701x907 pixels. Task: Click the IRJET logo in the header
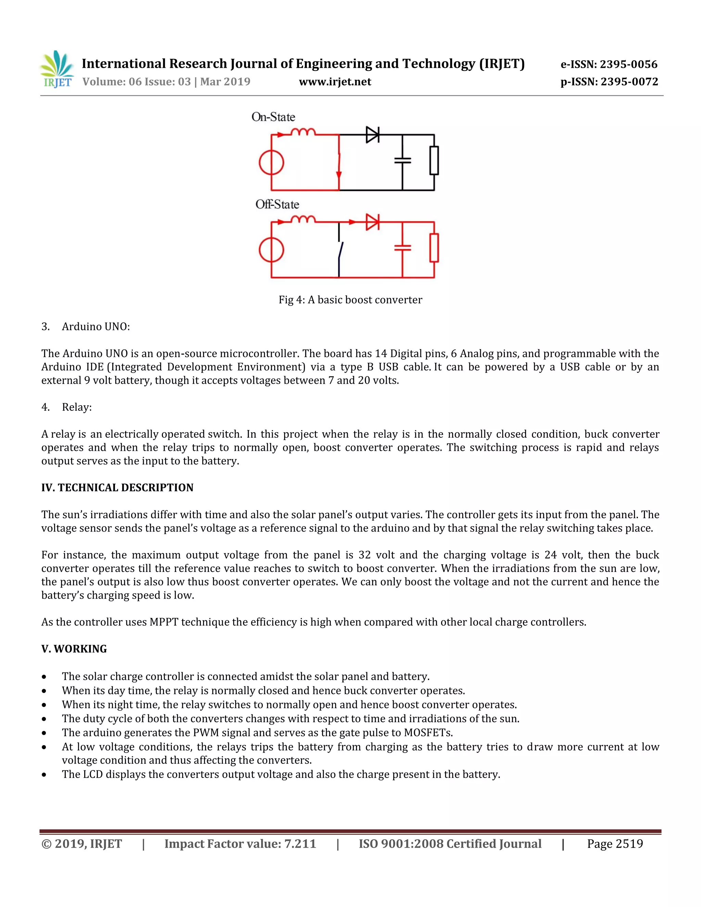pyautogui.click(x=57, y=69)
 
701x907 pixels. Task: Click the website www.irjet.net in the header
pyautogui.click(x=335, y=82)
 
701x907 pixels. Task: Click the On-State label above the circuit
pyautogui.click(x=273, y=117)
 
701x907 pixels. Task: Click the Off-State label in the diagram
pyautogui.click(x=277, y=204)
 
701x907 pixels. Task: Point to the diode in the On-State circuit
pyautogui.click(x=372, y=135)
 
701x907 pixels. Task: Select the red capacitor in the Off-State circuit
pyautogui.click(x=403, y=248)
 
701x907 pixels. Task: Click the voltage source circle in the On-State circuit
pyautogui.click(x=271, y=162)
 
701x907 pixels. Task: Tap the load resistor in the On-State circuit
pyautogui.click(x=434, y=160)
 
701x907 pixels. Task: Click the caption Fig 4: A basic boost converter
pyautogui.click(x=350, y=300)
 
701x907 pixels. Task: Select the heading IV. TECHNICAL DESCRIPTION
pyautogui.click(x=117, y=487)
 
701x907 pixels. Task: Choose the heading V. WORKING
pyautogui.click(x=74, y=649)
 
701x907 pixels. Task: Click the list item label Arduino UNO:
pyautogui.click(x=95, y=327)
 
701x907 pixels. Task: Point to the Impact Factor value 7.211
pyautogui.click(x=300, y=844)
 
